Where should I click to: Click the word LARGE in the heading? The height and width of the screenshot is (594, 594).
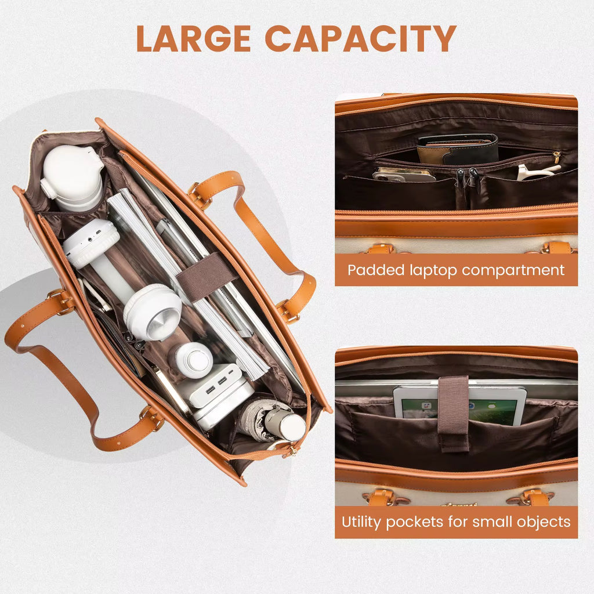point(193,38)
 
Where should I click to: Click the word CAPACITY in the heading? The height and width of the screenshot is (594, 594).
point(361,38)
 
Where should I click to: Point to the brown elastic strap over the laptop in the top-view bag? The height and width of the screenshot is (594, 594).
point(207,277)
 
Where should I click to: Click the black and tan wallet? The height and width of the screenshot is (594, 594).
point(458,149)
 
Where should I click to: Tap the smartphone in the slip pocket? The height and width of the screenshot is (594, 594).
point(404,175)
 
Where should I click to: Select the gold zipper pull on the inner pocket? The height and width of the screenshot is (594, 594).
point(557,157)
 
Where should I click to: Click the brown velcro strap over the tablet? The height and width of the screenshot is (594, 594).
point(454,414)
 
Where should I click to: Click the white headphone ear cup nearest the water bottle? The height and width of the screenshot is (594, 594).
point(91,243)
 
